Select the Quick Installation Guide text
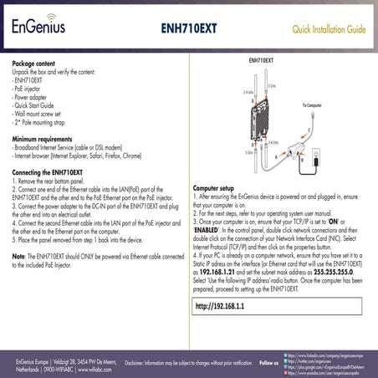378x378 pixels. click(328, 29)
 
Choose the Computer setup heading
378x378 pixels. click(212, 188)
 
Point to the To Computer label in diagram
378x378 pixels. click(313, 106)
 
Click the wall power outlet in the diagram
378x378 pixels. click(319, 156)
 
